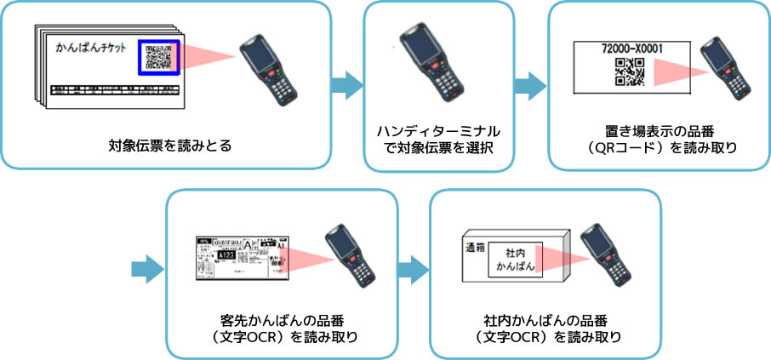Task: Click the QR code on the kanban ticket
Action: pos(159,58)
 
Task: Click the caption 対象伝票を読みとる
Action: pos(170,145)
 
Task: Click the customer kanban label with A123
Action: pos(241,255)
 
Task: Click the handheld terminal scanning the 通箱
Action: pos(605,255)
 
